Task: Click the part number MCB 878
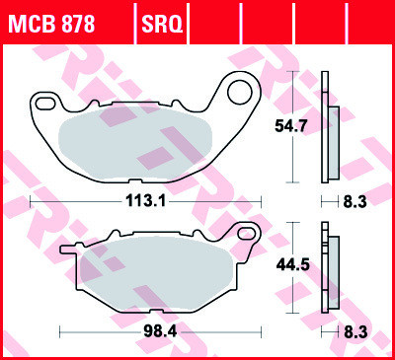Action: pyautogui.click(x=51, y=21)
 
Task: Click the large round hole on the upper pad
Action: pyautogui.click(x=240, y=93)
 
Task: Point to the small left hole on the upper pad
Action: pyautogui.click(x=44, y=102)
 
